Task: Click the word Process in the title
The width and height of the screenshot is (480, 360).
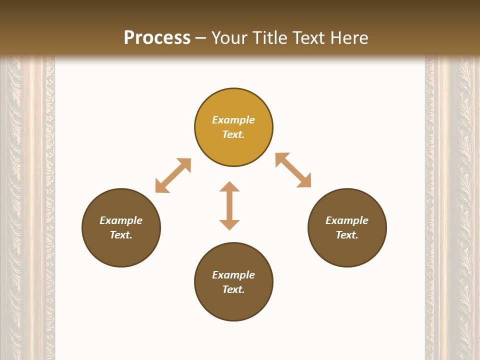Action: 157,38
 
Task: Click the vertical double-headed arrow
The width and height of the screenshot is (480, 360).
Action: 229,205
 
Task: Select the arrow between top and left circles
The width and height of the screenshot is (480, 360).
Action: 173,175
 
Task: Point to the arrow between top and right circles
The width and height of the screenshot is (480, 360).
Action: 293,170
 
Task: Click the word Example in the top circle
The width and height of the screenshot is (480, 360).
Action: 233,120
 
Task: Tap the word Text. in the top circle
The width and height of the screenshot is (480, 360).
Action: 233,134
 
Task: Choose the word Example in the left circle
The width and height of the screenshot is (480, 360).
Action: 121,220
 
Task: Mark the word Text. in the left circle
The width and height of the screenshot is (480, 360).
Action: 121,235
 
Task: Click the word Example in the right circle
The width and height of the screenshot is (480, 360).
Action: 347,220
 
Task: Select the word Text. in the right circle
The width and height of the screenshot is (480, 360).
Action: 347,235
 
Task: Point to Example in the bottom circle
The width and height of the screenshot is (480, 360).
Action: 233,275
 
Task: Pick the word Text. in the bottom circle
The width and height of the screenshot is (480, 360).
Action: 233,289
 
